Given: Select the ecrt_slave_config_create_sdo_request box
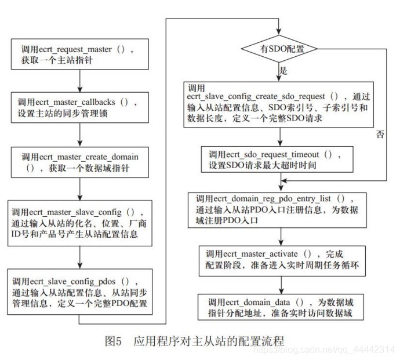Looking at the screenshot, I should (281, 104).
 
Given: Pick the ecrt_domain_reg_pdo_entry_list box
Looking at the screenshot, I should (280, 208).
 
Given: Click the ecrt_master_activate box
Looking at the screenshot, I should (281, 259).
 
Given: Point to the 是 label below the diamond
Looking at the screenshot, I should (285, 70).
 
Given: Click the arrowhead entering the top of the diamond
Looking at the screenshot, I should (280, 33).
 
